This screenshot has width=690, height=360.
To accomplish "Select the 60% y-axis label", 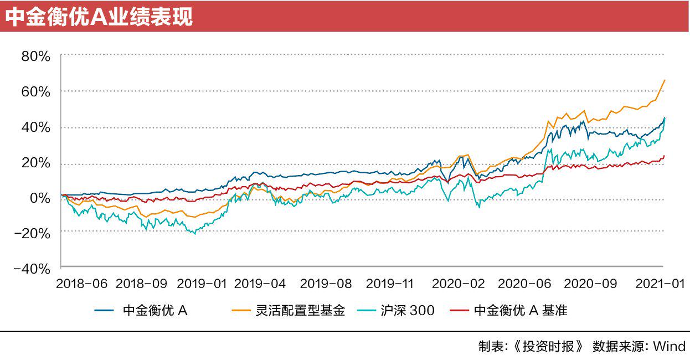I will pos(35,91).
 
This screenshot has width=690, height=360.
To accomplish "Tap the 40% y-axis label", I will pos(35,127).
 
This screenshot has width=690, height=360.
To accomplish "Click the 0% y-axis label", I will pos(40,198).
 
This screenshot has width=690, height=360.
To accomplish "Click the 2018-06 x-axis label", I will pos(81,284).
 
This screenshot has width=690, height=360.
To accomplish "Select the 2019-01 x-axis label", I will pos(200,284).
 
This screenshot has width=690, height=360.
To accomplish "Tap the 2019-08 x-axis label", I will pos(326,284).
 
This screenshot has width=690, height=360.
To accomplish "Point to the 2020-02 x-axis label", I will pos(458,284).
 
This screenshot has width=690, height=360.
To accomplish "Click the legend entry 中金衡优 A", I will pos(155,311).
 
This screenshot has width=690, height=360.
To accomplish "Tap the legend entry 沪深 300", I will pos(407,311).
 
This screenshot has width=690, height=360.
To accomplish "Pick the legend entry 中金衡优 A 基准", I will pos(521,311).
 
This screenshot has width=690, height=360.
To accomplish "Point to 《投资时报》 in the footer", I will pos(549,347).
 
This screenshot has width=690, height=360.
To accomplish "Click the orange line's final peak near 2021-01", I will pos(665,80).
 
